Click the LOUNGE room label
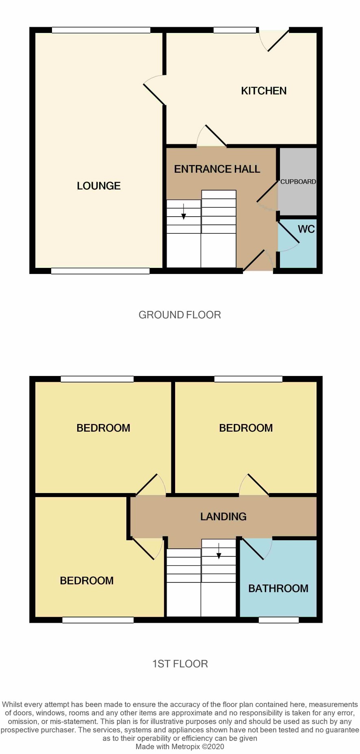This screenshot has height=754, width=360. pos(99,186)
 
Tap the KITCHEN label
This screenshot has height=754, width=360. pos(264,91)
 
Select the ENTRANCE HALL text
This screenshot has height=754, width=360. pos(217,169)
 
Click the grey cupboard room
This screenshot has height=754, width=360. pos(298,181)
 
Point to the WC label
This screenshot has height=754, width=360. pos(306,229)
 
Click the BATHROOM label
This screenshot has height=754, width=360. pos(278,588)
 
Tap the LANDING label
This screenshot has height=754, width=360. pos(223,517)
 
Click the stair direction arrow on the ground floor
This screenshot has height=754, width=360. pos(184,211)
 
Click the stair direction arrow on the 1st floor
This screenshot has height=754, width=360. pos(219,551)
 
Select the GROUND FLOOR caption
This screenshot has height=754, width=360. pos(180,315)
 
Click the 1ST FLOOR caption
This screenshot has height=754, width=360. pos(180,664)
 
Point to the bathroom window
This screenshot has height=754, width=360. pos(279,620)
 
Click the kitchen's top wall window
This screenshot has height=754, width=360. pos(235,30)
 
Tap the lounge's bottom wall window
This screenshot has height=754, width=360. pos(100,271)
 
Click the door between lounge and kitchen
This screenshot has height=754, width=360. pos(155,90)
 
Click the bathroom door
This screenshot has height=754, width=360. pos(257,548)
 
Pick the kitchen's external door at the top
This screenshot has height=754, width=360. pos(275,40)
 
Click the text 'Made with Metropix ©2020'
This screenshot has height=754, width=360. pos(180,746)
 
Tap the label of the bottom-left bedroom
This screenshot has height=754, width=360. pos(87,580)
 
